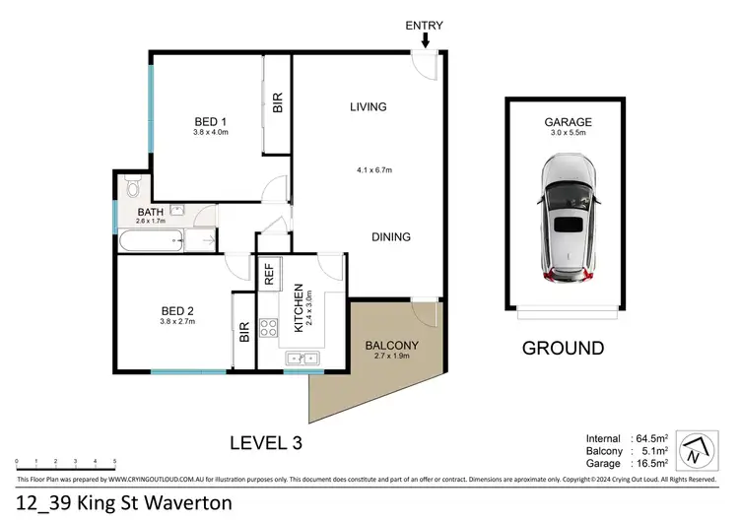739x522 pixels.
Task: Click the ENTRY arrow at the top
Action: pyautogui.click(x=425, y=40)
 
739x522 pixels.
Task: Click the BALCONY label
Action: pyautogui.click(x=392, y=346)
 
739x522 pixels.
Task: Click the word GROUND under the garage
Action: pyautogui.click(x=563, y=348)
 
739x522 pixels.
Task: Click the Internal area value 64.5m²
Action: pyautogui.click(x=649, y=438)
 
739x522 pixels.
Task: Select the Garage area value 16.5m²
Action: pyautogui.click(x=649, y=462)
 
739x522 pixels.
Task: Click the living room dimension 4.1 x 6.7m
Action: pyautogui.click(x=374, y=170)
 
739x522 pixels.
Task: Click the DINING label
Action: pyautogui.click(x=391, y=237)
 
